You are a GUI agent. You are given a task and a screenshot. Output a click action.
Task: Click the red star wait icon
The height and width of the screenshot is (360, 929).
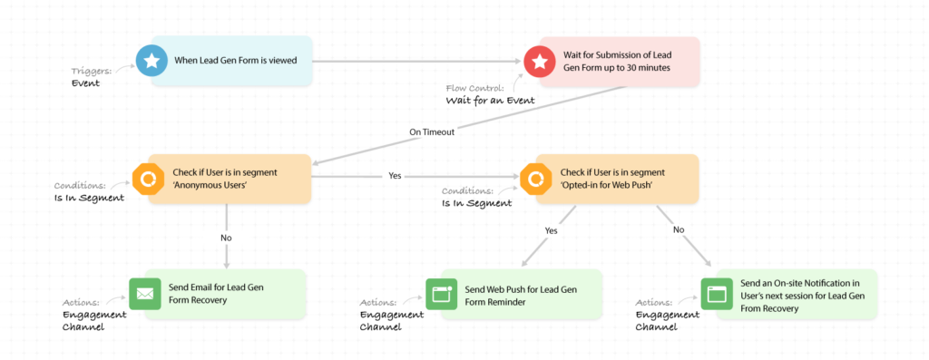pos(540,62)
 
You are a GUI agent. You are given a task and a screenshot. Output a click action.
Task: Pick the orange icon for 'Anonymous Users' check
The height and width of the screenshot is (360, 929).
pos(146,179)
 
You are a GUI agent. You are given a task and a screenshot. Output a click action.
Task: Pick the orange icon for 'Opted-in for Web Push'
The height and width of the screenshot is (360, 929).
pos(534,179)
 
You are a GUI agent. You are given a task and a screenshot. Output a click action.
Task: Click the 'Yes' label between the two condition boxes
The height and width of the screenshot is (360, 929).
pos(395,176)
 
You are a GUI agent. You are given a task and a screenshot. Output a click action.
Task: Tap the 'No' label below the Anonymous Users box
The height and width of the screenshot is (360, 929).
pos(225,238)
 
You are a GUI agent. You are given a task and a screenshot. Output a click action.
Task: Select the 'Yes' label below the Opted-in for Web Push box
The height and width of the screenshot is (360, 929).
pos(552,230)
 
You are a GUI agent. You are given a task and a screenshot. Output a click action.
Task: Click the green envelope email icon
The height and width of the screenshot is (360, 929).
pos(145,294)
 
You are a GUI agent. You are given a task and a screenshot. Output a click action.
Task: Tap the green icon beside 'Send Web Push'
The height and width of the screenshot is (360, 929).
pos(442,294)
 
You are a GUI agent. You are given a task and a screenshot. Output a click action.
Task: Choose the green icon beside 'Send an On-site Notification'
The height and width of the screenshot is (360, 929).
pos(716,294)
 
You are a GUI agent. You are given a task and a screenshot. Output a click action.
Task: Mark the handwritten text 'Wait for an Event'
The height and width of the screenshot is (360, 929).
pos(489,101)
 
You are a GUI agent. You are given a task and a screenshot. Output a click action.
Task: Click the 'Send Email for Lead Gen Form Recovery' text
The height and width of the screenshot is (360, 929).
pos(214,294)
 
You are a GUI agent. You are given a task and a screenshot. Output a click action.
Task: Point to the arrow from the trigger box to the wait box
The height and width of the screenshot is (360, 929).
pos(417,62)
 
